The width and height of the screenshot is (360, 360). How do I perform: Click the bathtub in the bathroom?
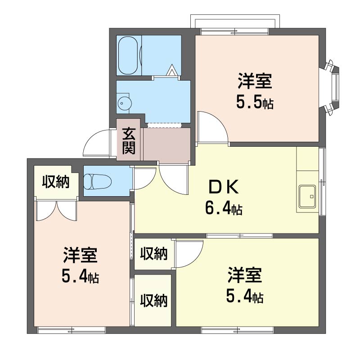(128, 55)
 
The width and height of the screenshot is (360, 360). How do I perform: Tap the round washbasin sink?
(125, 103)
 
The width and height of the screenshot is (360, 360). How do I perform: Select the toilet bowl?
(97, 181)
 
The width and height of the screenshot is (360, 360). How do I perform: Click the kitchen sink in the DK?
(307, 197)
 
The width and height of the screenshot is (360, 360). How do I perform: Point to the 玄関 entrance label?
(128, 140)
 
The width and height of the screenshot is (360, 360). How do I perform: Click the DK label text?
(223, 187)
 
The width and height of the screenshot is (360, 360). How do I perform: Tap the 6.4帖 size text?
(224, 209)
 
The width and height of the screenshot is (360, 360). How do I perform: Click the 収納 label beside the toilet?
(56, 182)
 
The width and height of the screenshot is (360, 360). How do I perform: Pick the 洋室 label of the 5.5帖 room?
(255, 81)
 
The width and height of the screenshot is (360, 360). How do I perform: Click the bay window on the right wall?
(332, 87)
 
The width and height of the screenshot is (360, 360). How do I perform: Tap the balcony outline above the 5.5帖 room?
(235, 22)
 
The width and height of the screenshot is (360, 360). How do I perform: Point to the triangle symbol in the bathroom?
(172, 70)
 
